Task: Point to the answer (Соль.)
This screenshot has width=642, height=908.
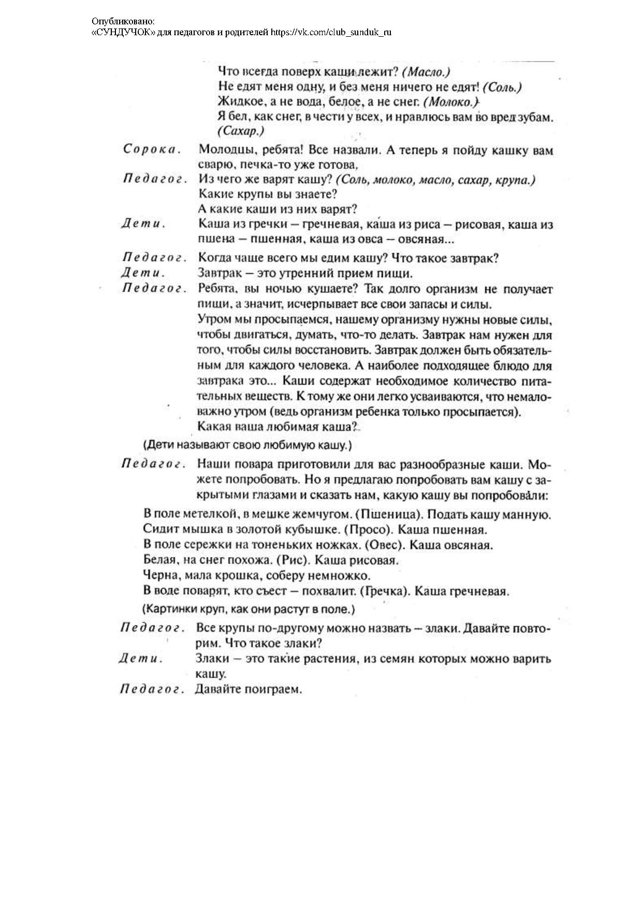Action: (x=505, y=87)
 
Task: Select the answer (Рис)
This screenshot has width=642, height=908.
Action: (x=294, y=560)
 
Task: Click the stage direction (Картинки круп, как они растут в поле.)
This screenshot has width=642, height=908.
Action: (x=249, y=609)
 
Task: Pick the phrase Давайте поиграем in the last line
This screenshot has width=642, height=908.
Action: (x=248, y=690)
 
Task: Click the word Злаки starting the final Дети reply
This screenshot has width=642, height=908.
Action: (x=212, y=659)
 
